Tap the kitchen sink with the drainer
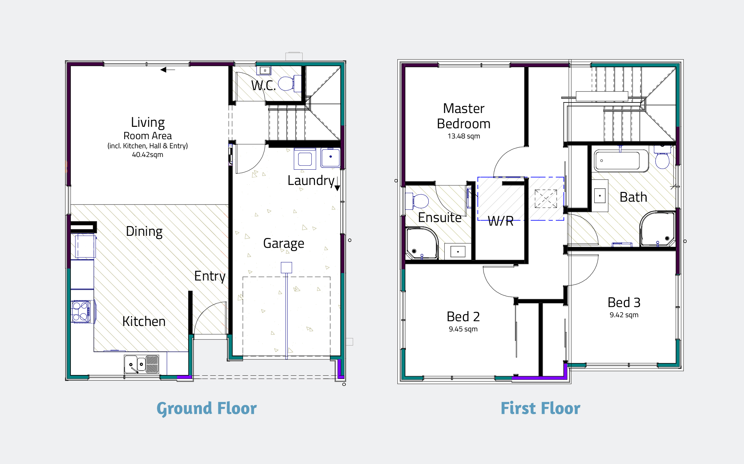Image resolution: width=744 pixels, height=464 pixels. click(x=142, y=364)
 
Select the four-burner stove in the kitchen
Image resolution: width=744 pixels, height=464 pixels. click(x=81, y=311)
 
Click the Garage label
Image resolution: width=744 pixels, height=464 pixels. click(x=283, y=243)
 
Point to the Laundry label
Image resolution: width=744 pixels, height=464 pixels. click(x=311, y=180)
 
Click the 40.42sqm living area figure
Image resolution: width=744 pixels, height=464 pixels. click(x=147, y=155)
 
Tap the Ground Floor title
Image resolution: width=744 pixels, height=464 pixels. click(x=206, y=408)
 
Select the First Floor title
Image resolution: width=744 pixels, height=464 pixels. click(x=540, y=408)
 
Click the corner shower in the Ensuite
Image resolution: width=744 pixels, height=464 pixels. click(x=421, y=243)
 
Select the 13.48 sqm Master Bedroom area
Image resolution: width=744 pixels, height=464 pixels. click(x=464, y=136)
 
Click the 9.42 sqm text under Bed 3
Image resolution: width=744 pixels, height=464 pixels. click(x=624, y=315)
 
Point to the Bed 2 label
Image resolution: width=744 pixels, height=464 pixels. click(x=463, y=316)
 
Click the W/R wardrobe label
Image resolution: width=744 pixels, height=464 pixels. click(x=501, y=221)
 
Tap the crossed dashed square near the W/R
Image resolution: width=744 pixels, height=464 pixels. click(x=546, y=199)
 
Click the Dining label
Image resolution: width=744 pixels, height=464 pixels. click(x=144, y=231)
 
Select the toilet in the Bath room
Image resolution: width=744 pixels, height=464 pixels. click(x=662, y=159)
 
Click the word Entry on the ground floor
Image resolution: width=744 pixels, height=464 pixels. click(x=210, y=276)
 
